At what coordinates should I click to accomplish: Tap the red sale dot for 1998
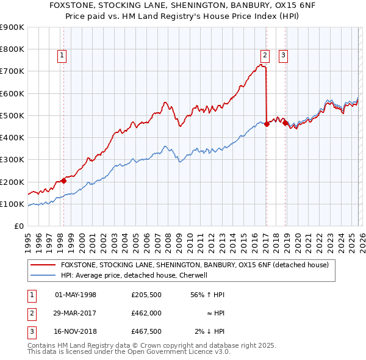(63, 181)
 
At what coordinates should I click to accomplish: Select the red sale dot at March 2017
(267, 124)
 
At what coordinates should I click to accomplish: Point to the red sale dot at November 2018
(285, 123)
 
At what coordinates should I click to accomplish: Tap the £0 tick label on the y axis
(18, 226)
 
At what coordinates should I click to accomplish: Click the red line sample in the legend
(42, 265)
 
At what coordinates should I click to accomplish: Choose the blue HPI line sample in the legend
(42, 276)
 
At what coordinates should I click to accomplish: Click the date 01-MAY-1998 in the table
(76, 295)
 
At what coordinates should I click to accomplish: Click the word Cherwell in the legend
(193, 276)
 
